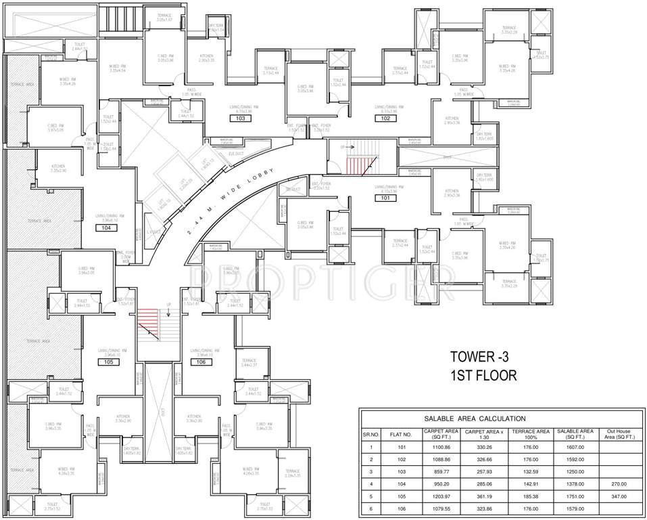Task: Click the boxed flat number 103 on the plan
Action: click(240, 118)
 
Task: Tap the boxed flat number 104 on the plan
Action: click(106, 228)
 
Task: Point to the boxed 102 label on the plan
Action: click(386, 118)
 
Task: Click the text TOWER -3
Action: click(483, 357)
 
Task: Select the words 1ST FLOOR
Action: click(483, 375)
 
